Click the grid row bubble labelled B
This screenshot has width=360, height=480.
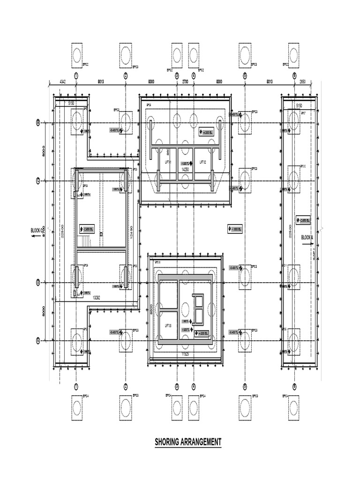pyautogui.click(x=38, y=123)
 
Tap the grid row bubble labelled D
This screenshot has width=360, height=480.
pyautogui.click(x=38, y=282)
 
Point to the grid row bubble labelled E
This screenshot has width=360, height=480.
pyautogui.click(x=38, y=340)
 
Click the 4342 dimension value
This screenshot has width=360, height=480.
pyautogui.click(x=63, y=82)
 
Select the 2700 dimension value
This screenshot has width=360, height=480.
pyautogui.click(x=185, y=82)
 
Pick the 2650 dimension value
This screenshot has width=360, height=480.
pyautogui.click(x=302, y=82)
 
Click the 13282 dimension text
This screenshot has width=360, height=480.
pyautogui.click(x=97, y=297)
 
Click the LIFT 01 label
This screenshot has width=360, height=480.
pyautogui.click(x=167, y=162)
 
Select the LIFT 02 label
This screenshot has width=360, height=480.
pyautogui.click(x=203, y=162)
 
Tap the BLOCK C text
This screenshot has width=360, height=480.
pyautogui.click(x=37, y=230)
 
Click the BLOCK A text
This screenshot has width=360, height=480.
pyautogui.click(x=307, y=237)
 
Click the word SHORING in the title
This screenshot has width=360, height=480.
pyautogui.click(x=170, y=442)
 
